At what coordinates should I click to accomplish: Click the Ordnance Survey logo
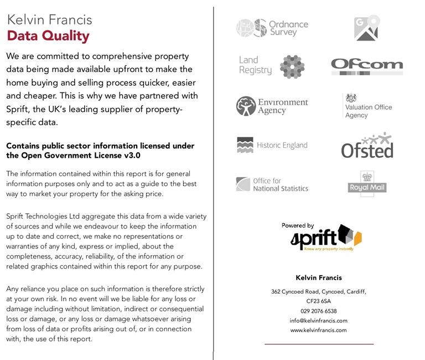272,28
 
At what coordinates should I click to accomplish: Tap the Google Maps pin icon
366,28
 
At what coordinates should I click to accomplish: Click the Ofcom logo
367,66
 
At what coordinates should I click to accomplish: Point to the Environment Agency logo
272,106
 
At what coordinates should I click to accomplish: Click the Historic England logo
272,145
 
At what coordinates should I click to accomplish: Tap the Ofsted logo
367,146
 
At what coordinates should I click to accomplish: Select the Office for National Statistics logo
272,184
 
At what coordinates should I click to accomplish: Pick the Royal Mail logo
367,184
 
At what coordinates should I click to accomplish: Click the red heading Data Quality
48,37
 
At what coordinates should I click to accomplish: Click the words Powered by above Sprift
298,225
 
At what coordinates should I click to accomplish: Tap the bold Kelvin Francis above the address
319,277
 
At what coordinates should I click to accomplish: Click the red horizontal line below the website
319,344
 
